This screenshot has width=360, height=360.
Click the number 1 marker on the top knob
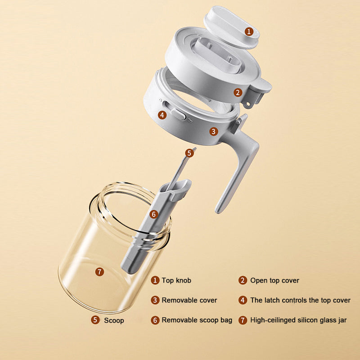pyautogui.click(x=249, y=31)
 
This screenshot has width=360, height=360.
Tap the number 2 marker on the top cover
pyautogui.click(x=238, y=93)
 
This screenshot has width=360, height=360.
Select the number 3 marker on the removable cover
pyautogui.click(x=213, y=131)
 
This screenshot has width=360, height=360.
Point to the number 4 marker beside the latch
pyautogui.click(x=162, y=115)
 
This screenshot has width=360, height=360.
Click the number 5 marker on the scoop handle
pyautogui.click(x=189, y=153)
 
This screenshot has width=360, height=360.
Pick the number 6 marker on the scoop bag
pyautogui.click(x=154, y=215)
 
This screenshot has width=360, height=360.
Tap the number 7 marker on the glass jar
pyautogui.click(x=99, y=272)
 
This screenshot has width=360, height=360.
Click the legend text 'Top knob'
pyautogui.click(x=176, y=280)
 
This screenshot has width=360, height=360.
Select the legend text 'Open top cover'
pyautogui.click(x=274, y=280)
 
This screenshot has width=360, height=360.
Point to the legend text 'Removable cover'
pyautogui.click(x=189, y=300)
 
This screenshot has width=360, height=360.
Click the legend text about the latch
pyautogui.click(x=300, y=300)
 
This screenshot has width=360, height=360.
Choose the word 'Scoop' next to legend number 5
pyautogui.click(x=114, y=320)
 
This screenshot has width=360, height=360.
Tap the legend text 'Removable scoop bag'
pyautogui.click(x=197, y=320)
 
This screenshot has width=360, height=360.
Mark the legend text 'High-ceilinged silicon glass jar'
pyautogui.click(x=298, y=320)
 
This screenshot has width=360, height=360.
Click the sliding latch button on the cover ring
pyautogui.click(x=178, y=114)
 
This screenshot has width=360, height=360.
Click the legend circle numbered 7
pyautogui.click(x=243, y=320)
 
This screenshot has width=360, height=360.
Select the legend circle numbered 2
pyautogui.click(x=243, y=280)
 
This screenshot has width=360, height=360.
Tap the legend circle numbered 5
pyautogui.click(x=95, y=320)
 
